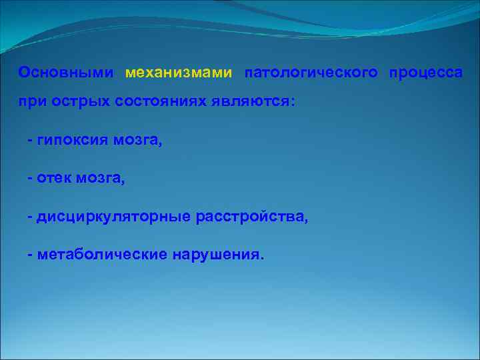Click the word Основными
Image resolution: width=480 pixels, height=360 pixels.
coord(67,72)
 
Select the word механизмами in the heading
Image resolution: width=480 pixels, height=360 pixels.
coord(179,72)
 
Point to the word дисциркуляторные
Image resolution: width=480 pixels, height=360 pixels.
coord(114,217)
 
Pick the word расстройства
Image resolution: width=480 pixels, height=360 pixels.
coord(252,217)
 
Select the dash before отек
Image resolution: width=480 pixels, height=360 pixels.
coord(30,179)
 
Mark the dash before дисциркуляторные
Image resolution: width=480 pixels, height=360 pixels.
coord(30,217)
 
